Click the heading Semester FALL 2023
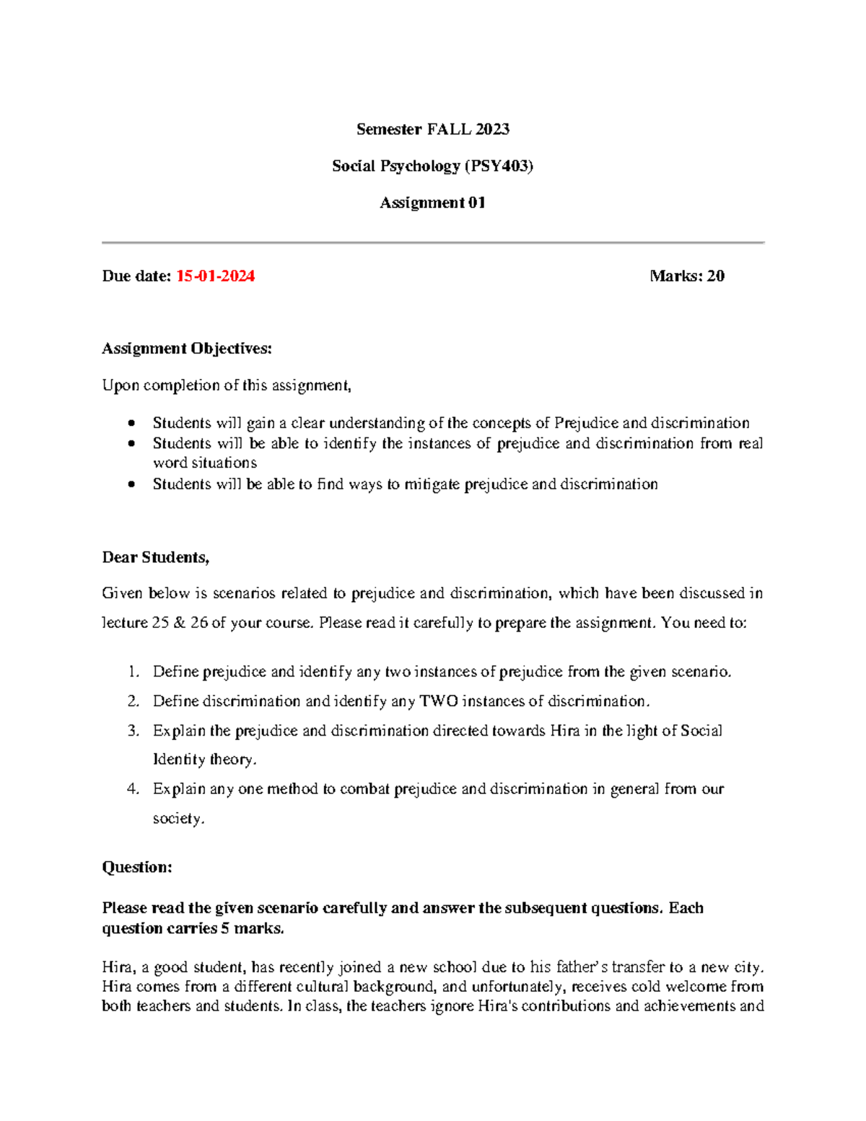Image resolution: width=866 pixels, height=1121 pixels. click(x=432, y=129)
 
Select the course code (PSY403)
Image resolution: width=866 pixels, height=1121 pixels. click(x=499, y=166)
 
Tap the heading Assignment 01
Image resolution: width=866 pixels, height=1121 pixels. click(x=432, y=203)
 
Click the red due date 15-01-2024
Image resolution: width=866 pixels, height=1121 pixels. click(x=215, y=276)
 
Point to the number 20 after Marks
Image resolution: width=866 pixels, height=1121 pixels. click(x=715, y=276)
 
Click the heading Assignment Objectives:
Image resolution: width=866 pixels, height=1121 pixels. click(x=187, y=349)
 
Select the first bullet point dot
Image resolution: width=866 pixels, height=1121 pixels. click(x=131, y=423)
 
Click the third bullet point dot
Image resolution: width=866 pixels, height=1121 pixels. click(x=131, y=484)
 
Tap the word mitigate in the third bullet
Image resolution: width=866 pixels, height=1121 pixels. click(x=432, y=484)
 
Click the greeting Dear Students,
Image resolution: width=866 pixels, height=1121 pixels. click(x=155, y=557)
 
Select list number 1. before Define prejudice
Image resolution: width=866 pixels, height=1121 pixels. click(x=133, y=672)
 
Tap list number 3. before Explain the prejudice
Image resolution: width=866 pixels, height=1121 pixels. click(x=133, y=731)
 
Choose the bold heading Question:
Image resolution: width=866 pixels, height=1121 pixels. click(x=137, y=867)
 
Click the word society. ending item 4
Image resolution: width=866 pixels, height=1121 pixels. click(x=178, y=819)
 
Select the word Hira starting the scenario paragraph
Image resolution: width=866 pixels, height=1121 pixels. click(x=116, y=967)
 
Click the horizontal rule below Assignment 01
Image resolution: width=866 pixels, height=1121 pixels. click(x=433, y=243)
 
